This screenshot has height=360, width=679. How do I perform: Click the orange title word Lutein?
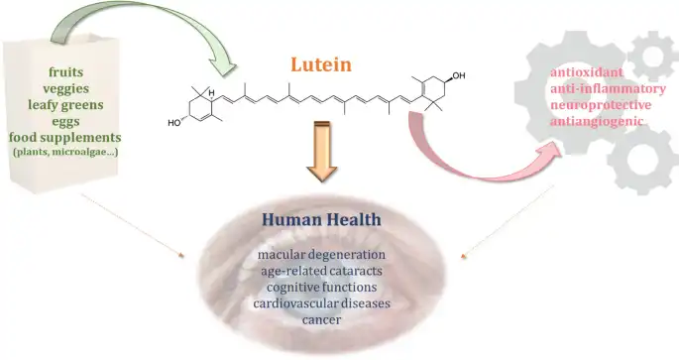321,64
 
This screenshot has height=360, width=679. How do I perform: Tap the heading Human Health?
321,219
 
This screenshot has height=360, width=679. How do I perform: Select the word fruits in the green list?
65,72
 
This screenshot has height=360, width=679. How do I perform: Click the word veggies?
65,89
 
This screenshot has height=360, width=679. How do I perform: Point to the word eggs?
65,122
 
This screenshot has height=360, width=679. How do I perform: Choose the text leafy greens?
65,105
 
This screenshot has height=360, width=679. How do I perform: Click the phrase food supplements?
65,138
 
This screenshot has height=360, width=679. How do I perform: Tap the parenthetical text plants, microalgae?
65,152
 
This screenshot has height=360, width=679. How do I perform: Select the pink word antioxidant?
587,72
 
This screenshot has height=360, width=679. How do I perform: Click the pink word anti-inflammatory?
608,89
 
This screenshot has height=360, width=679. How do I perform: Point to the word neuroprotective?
601,105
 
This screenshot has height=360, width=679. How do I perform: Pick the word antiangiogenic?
597,122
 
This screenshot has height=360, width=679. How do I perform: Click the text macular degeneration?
321,254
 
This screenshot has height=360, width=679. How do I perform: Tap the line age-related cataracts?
321,271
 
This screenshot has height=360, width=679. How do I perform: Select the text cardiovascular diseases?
321,303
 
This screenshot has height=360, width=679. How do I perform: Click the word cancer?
321,320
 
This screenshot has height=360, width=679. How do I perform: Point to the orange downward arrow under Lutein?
321,151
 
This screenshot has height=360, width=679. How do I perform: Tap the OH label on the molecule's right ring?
459,75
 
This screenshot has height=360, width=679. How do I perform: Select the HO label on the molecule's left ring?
174,123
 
